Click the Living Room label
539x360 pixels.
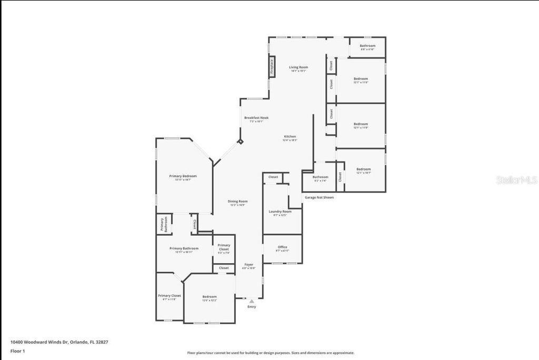(x=298, y=67)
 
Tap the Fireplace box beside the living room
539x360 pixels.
(x=272, y=66)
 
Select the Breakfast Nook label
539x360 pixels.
(x=256, y=118)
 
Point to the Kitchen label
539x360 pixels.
(x=290, y=136)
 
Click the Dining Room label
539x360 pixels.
(x=237, y=202)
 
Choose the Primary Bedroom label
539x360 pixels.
(x=183, y=176)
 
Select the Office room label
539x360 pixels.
(x=283, y=247)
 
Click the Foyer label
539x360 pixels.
(x=248, y=265)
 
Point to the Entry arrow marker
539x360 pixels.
(x=252, y=301)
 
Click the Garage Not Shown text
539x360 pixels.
(x=319, y=197)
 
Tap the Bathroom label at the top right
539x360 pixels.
(x=367, y=46)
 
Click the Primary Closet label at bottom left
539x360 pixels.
(x=169, y=296)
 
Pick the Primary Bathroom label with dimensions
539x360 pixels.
(x=184, y=248)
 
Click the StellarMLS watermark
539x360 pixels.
(x=516, y=180)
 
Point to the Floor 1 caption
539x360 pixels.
(x=17, y=351)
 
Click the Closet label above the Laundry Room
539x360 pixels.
(x=273, y=177)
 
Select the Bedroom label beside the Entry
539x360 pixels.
(x=209, y=297)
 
